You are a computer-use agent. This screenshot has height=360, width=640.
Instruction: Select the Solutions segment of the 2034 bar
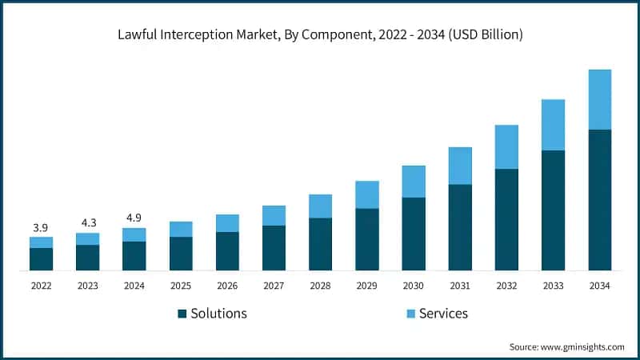tap(600, 200)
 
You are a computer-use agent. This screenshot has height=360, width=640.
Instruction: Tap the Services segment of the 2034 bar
tap(600, 99)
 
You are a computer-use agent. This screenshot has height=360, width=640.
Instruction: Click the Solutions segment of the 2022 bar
tap(41, 259)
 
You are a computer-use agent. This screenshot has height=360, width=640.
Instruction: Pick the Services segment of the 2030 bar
tap(414, 182)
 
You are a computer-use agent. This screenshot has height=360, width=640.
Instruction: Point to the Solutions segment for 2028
tap(320, 244)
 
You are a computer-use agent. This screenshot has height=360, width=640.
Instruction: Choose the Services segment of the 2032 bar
tap(506, 147)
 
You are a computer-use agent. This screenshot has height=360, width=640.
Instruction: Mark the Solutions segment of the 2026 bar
tap(227, 251)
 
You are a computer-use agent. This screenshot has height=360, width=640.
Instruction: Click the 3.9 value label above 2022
tap(41, 228)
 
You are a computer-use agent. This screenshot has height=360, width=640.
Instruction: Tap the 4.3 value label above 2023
tap(88, 223)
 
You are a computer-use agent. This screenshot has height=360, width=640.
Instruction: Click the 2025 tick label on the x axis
tap(181, 286)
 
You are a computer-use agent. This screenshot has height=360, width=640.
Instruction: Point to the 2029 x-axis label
tap(367, 286)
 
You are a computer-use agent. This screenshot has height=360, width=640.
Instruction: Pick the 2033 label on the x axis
tap(554, 286)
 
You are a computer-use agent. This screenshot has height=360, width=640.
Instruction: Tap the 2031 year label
tap(460, 286)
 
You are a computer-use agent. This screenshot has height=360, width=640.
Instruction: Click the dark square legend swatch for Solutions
tap(182, 314)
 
